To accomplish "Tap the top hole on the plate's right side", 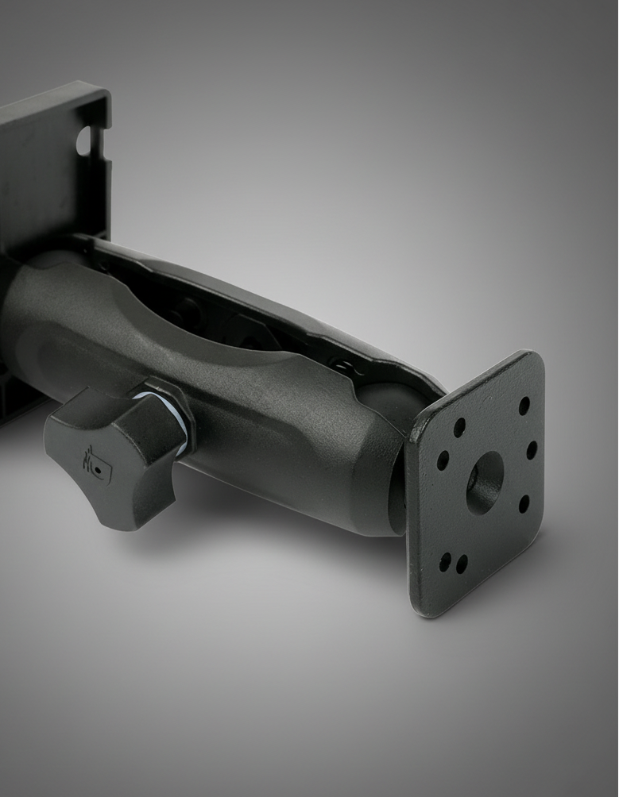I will click(x=524, y=406).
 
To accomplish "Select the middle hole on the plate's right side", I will click(x=531, y=449).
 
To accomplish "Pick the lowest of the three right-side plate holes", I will click(x=524, y=503).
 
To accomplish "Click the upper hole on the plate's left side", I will click(x=458, y=428).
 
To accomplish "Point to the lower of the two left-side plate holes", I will click(x=443, y=460).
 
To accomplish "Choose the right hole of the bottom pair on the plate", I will click(x=461, y=564).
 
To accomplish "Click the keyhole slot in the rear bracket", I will click(x=85, y=141).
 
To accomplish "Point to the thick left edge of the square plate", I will click(x=412, y=516).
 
